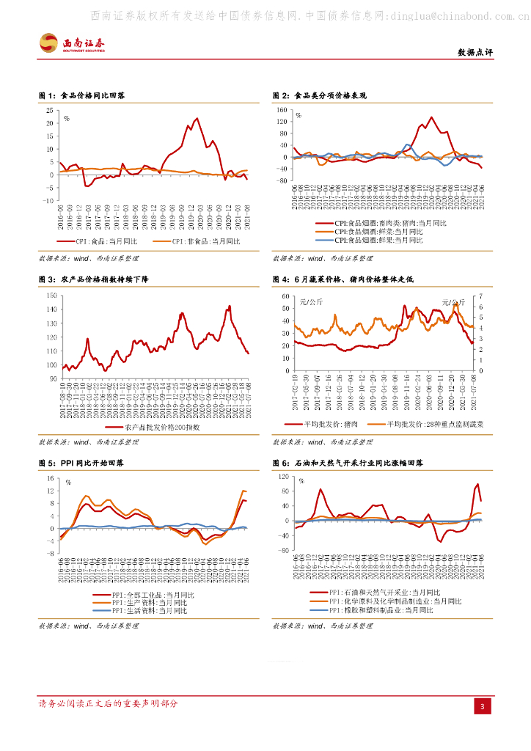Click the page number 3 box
coord(483,706)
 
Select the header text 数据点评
coord(475,53)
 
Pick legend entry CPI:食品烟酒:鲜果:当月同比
coord(378,240)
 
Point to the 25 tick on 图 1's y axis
coord(51,110)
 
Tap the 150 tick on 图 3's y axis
coord(51,295)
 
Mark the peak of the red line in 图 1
coord(197,118)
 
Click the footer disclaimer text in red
coord(108,703)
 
